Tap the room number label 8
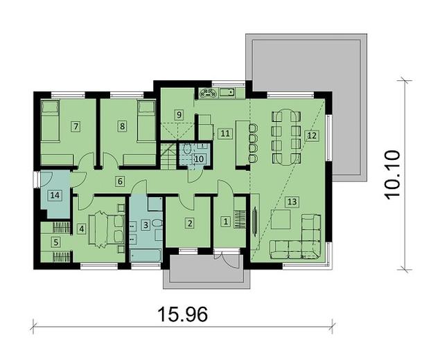point(122,126)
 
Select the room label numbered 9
point(178,114)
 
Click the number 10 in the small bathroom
point(198,159)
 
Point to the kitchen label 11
point(223,133)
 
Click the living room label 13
point(292,201)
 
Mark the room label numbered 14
point(54,196)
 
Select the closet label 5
point(57,242)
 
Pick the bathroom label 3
point(145,224)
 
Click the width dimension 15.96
point(183,314)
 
